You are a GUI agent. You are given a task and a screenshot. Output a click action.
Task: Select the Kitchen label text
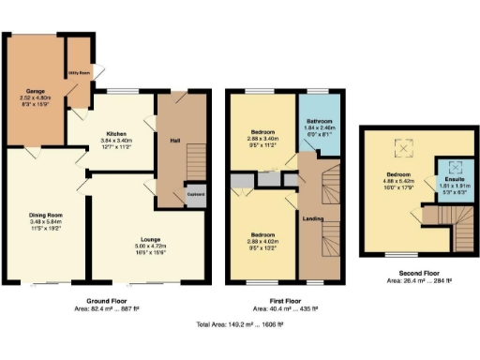[116, 134]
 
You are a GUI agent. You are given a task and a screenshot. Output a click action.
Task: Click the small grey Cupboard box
[196, 194]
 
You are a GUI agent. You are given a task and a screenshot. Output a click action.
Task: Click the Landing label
[315, 219]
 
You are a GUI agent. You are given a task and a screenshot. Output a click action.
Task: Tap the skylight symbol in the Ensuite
[453, 166]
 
